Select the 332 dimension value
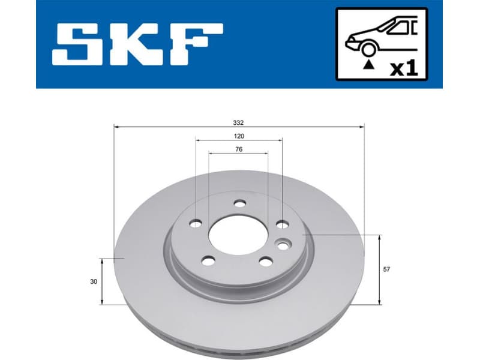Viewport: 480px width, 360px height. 239,122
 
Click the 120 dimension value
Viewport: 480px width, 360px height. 239,136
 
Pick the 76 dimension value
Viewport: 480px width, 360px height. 239,149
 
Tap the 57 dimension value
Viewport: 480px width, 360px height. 386,269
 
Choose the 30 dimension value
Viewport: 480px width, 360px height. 94,281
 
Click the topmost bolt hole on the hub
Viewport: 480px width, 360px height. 239,204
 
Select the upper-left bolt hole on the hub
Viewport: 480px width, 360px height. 196,224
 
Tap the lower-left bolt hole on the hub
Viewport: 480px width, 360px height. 208,260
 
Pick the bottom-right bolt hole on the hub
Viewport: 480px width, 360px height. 265,261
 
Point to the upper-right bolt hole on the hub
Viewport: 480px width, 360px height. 282,224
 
